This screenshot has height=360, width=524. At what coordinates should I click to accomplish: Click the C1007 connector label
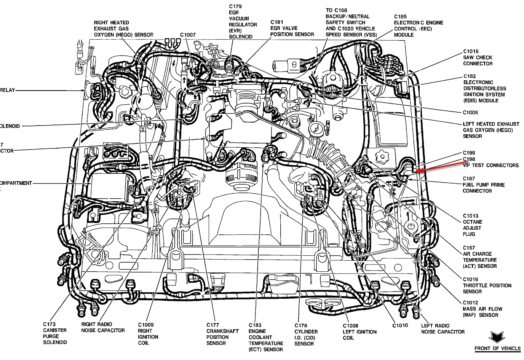click(x=188, y=35)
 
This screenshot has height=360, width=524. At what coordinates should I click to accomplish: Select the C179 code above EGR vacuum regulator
click(x=235, y=6)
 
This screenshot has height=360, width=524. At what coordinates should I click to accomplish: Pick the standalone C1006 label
click(x=470, y=112)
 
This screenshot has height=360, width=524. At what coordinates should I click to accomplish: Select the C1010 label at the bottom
click(x=400, y=325)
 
